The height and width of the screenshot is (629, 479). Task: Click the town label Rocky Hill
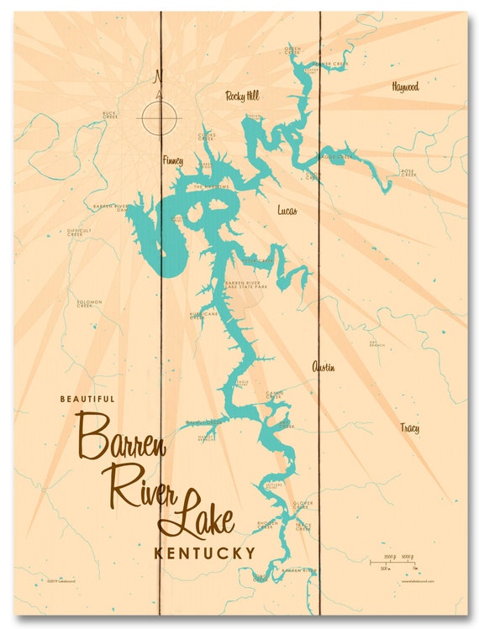[243, 96]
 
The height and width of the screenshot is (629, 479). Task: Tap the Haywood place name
[405, 86]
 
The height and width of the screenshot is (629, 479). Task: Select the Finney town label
[173, 160]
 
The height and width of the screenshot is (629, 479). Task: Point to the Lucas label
[286, 211]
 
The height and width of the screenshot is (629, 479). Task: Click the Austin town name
[324, 367]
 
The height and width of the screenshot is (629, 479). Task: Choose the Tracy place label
[409, 428]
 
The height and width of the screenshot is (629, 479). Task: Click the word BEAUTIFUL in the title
[87, 399]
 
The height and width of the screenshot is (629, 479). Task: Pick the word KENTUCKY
[204, 553]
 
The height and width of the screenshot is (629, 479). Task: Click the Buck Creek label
[109, 114]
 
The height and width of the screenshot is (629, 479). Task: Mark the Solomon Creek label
[89, 303]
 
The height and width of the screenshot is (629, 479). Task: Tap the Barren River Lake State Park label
[247, 287]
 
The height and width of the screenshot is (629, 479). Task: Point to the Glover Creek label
[302, 505]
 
